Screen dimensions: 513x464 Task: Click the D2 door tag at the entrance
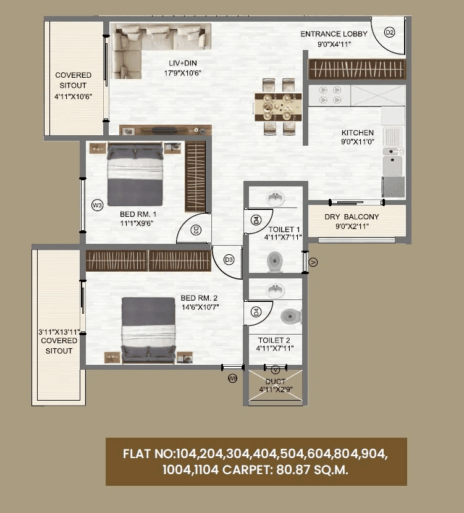[389, 33]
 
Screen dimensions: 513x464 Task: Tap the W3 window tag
[96, 205]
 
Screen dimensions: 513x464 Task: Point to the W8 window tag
[232, 378]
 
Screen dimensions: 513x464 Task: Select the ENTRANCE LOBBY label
[334, 34]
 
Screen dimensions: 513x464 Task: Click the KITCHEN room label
[358, 133]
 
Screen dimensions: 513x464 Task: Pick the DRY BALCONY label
[352, 217]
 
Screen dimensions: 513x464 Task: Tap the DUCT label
[275, 382]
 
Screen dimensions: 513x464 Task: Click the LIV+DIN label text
[183, 63]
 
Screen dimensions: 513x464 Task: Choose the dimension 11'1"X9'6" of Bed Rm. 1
[137, 224]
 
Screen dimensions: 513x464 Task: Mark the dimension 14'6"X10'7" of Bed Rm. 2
[200, 306]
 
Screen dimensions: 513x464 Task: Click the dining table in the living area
[278, 106]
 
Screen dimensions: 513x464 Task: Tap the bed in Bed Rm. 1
[135, 175]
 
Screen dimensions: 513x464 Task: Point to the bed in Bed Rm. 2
[148, 328]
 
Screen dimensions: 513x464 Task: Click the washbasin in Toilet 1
[276, 199]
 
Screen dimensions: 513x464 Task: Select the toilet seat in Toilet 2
[290, 317]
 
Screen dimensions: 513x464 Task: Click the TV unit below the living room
[166, 130]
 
